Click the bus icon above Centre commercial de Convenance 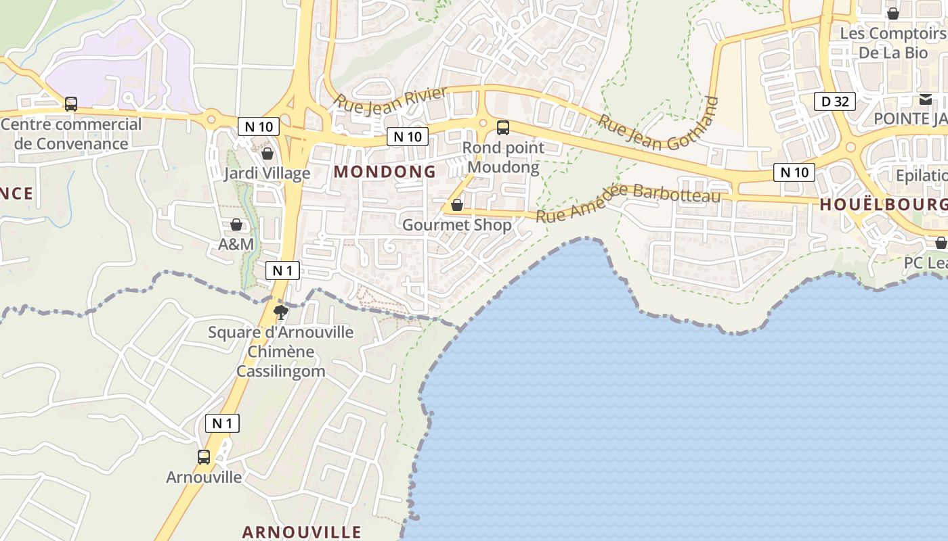pyautogui.click(x=70, y=104)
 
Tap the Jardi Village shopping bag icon pyautogui.click(x=267, y=154)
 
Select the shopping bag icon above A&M pyautogui.click(x=236, y=224)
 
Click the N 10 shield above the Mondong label pyautogui.click(x=408, y=137)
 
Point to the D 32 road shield pyautogui.click(x=835, y=102)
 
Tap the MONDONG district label pyautogui.click(x=385, y=172)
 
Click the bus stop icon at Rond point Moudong pyautogui.click(x=502, y=127)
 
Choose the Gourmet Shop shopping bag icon pyautogui.click(x=457, y=204)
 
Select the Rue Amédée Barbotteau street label pyautogui.click(x=628, y=201)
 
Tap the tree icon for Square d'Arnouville pyautogui.click(x=280, y=312)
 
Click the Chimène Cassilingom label pyautogui.click(x=280, y=362)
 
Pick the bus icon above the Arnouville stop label pyautogui.click(x=204, y=456)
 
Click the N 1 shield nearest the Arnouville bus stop pyautogui.click(x=222, y=424)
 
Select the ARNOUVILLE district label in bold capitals pyautogui.click(x=301, y=532)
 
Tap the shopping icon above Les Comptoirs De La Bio pyautogui.click(x=893, y=13)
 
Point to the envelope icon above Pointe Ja pyautogui.click(x=925, y=99)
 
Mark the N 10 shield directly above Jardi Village pyautogui.click(x=259, y=126)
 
